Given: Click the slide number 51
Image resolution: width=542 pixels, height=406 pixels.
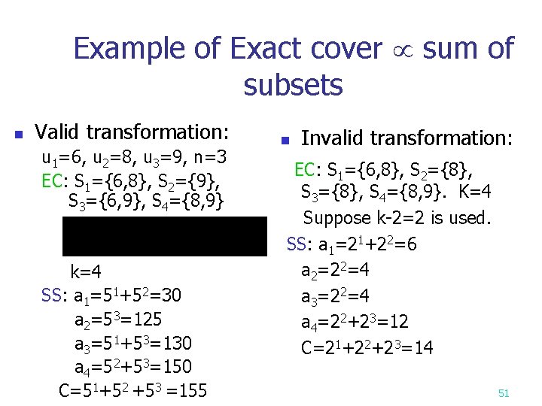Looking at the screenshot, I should coord(504,392).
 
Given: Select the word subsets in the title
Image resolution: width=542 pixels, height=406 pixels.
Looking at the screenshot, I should coord(293,85).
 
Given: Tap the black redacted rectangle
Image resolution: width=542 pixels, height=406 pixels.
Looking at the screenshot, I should coord(165,236).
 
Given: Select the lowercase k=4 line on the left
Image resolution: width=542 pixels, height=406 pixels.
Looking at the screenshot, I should coord(87,271).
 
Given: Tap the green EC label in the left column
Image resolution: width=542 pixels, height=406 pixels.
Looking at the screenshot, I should coord(53,182).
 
